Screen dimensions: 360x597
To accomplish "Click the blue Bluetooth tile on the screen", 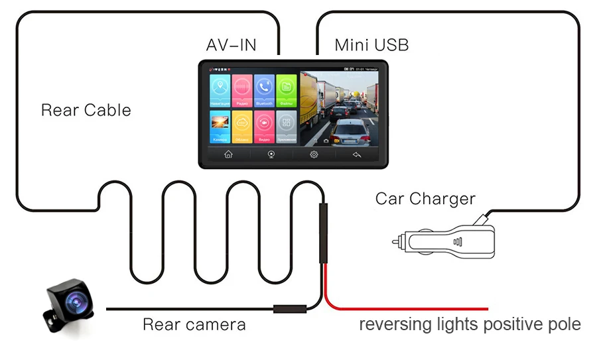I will (264, 90).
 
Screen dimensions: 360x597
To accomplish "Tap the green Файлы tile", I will (286, 90).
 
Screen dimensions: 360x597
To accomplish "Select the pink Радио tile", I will (242, 90).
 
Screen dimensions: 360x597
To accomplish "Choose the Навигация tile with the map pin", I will (220, 90).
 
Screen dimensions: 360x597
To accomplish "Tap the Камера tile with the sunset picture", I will (220, 127).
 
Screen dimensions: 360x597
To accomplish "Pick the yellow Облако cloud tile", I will (242, 127).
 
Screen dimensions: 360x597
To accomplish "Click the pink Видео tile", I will (264, 127).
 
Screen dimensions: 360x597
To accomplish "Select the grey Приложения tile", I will (286, 127).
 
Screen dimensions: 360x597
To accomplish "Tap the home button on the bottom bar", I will (228, 154).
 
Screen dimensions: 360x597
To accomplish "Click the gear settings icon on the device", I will (314, 154).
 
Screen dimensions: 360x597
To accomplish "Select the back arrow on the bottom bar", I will (356, 154).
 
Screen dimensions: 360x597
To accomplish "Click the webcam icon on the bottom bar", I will (271, 154).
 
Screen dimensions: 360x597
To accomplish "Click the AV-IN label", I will (231, 45).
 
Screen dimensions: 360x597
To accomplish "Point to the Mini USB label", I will (371, 45).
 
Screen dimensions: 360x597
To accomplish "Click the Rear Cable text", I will (86, 110).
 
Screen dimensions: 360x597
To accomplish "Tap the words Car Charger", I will (425, 198).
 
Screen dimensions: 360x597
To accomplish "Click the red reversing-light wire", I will (411, 308).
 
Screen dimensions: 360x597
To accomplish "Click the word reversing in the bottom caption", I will (392, 325).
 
